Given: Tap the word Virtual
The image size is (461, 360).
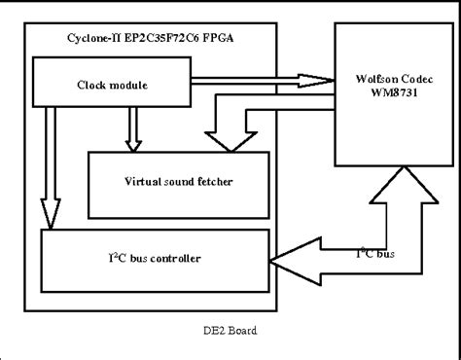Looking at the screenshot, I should point(145,180).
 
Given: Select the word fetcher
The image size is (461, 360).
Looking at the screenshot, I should point(211,180).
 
